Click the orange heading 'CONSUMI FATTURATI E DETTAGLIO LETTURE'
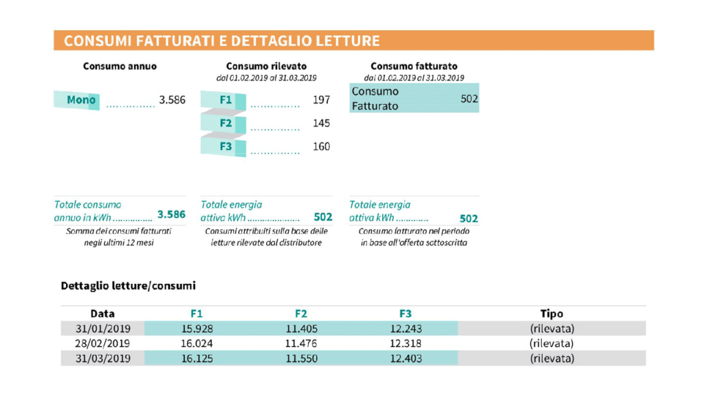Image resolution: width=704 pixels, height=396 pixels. point(221,41)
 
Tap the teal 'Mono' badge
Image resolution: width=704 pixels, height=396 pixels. point(80,100)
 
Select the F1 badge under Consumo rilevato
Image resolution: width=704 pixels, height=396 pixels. point(225,100)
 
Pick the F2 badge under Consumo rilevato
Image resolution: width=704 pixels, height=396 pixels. point(225,123)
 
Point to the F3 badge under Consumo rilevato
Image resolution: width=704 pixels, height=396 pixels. point(225,146)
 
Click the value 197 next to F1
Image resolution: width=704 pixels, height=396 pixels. point(321,100)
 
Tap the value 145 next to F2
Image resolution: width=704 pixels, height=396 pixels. point(321,123)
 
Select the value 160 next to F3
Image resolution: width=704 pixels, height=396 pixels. point(321,146)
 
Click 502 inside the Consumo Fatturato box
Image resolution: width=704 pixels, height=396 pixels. point(469,99)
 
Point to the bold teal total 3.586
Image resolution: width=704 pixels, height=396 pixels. point(171,214)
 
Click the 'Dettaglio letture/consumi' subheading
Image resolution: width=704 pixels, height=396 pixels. point(128,285)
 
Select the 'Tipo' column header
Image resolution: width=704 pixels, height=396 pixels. point(551,313)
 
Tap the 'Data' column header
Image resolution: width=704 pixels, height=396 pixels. point(102,313)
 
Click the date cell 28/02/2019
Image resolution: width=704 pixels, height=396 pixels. point(102,343)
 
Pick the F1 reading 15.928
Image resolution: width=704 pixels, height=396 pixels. point(196,329)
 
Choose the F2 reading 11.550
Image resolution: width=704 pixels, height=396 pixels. point(301,358)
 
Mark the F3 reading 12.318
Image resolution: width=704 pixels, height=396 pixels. point(405,343)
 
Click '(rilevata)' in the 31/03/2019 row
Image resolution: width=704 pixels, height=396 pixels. point(551,358)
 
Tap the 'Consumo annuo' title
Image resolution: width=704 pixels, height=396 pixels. point(120,67)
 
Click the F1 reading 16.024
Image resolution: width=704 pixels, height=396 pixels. point(196,343)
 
